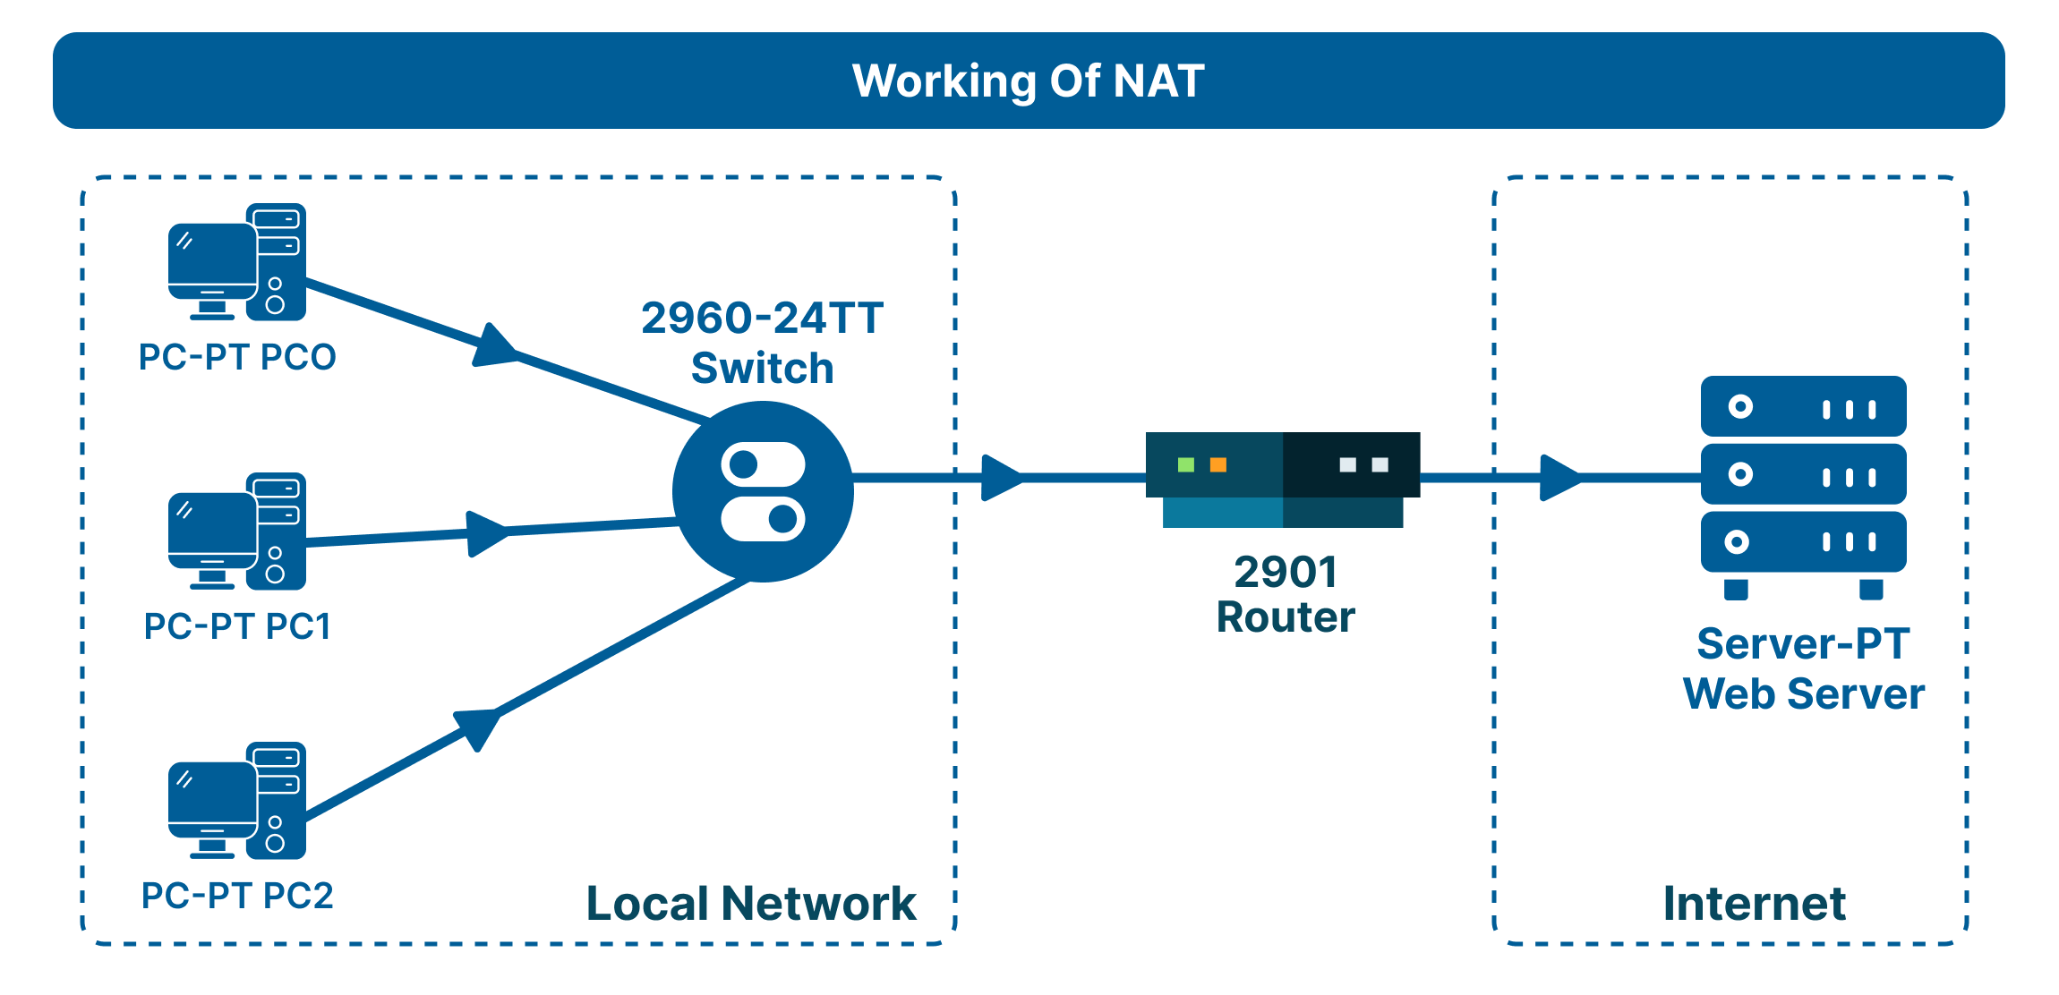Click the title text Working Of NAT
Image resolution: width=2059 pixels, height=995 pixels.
click(x=1028, y=81)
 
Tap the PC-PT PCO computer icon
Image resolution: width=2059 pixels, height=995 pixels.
click(x=236, y=262)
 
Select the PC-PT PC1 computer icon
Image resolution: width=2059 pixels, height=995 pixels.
click(x=236, y=532)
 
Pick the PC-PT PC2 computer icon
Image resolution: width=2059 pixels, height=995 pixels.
click(x=236, y=801)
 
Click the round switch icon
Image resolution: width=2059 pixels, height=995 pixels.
click(x=763, y=491)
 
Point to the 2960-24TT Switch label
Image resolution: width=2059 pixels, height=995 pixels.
click(x=763, y=343)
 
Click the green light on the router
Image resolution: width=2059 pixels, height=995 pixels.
click(x=1186, y=464)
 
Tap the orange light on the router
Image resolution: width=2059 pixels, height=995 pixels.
click(x=1218, y=464)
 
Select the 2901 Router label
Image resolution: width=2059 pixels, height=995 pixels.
click(x=1286, y=594)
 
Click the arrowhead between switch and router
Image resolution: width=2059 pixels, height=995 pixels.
click(x=1000, y=478)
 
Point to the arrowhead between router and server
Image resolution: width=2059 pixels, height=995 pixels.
click(x=1559, y=478)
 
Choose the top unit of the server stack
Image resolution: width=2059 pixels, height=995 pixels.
click(x=1803, y=407)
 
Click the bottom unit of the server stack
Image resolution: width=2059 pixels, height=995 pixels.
click(x=1803, y=542)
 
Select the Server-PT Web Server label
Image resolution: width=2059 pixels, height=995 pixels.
click(x=1803, y=668)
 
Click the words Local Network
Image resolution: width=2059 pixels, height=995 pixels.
click(x=750, y=903)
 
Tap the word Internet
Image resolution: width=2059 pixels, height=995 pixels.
click(x=1754, y=903)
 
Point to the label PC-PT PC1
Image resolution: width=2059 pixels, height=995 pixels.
click(x=237, y=626)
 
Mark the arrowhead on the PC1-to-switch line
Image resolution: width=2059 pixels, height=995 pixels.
click(x=485, y=534)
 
